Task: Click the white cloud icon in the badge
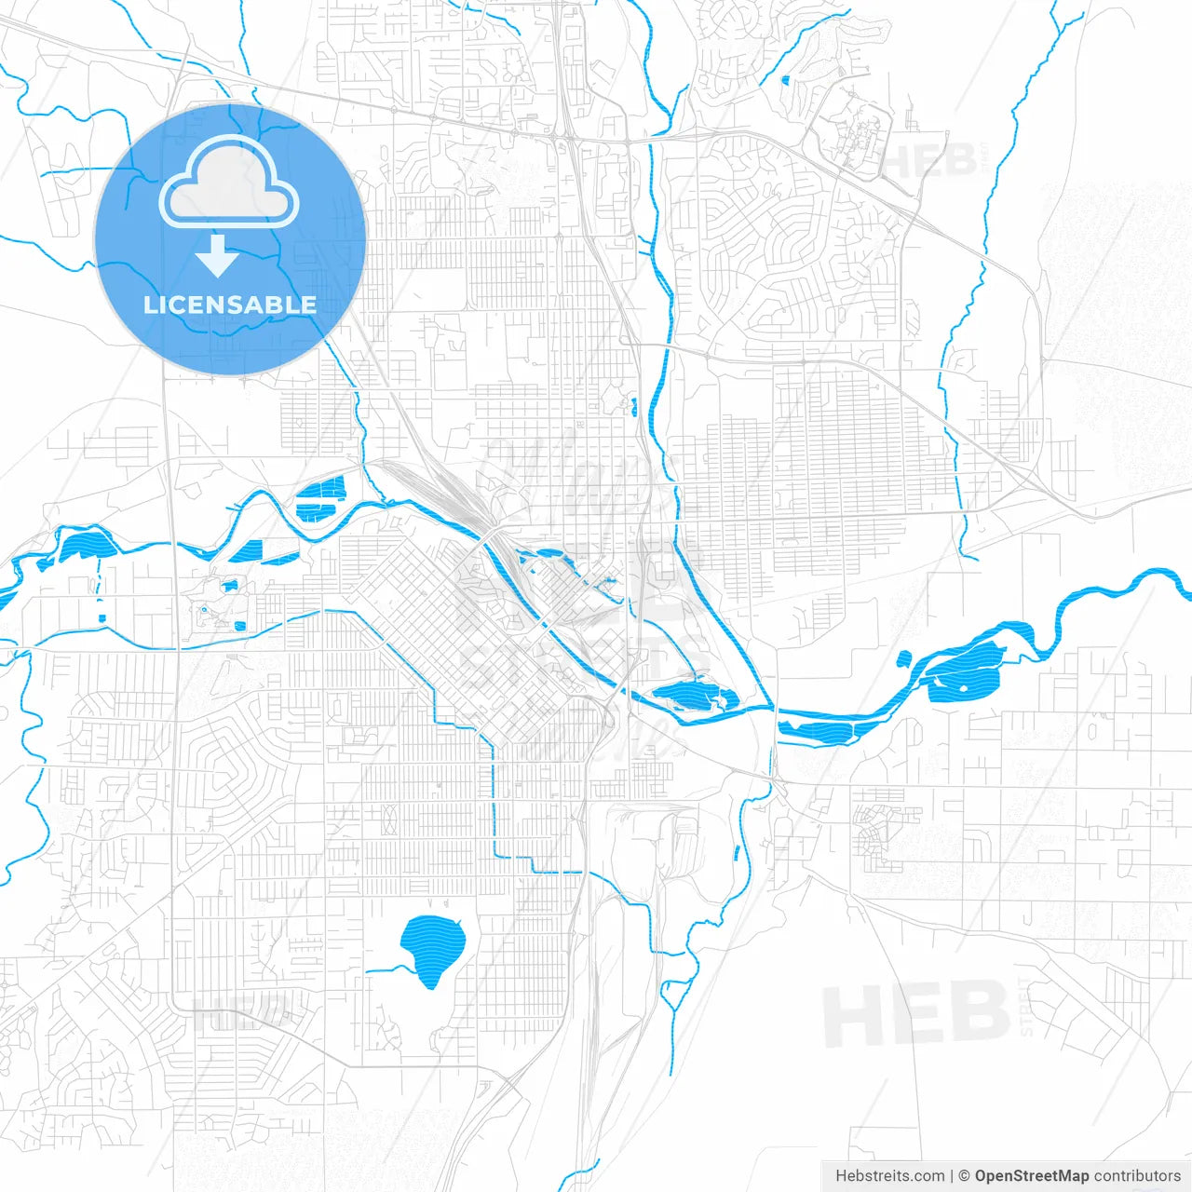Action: tap(229, 183)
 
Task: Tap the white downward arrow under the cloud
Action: tap(218, 256)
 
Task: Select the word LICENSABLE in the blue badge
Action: tap(230, 305)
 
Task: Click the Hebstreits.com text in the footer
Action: tap(889, 1176)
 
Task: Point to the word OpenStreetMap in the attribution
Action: tap(1031, 1176)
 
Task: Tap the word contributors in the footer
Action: tap(1137, 1176)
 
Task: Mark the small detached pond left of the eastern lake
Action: tap(903, 659)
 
